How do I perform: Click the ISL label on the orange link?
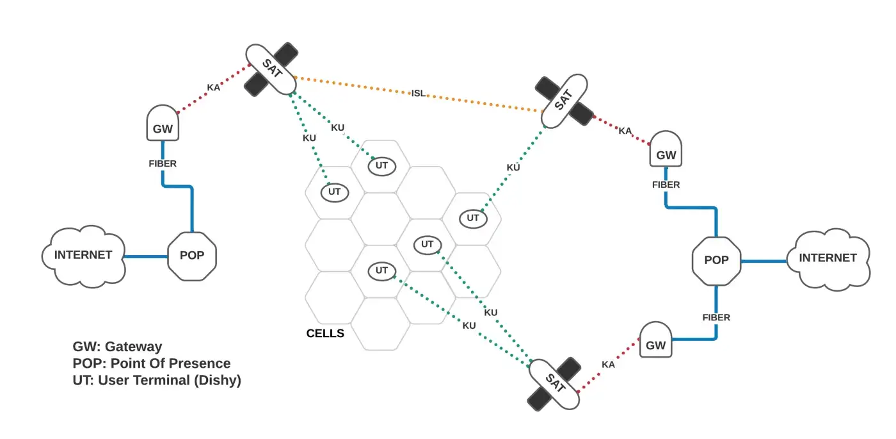418,94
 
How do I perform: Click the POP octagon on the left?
192,256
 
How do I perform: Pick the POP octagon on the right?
716,260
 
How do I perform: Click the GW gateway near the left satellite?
163,124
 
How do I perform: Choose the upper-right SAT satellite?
563,100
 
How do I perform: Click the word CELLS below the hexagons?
325,333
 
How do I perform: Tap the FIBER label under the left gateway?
163,163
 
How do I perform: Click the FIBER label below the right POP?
716,317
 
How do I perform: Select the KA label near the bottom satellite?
608,364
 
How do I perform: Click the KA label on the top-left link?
213,88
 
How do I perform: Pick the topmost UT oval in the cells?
382,166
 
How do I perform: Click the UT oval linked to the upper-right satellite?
473,218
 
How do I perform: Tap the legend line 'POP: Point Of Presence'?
152,363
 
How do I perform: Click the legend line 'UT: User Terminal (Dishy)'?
157,380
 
